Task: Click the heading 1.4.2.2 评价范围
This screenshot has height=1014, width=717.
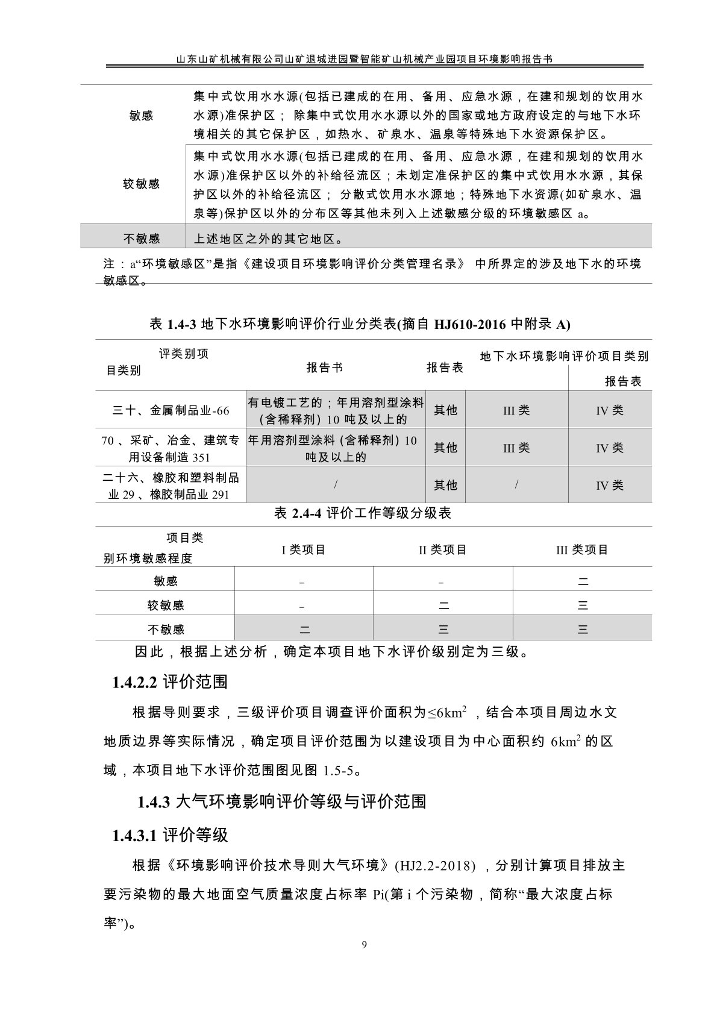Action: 170,682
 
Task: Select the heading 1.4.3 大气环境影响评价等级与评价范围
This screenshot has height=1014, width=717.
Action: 281,801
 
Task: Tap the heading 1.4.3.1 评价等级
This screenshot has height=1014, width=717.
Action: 170,835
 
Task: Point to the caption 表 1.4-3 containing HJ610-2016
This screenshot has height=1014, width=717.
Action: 359,324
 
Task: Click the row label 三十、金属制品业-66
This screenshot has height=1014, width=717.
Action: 171,410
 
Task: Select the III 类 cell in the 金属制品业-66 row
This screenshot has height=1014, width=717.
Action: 516,410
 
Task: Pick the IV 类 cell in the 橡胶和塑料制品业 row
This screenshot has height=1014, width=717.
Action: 609,485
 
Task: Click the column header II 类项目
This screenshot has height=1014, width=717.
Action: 443,549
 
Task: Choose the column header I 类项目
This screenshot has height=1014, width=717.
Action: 304,549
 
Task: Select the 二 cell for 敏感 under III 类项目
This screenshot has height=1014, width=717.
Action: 583,581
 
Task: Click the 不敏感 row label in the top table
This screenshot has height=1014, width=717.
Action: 142,239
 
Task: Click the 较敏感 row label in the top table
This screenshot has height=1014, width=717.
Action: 142,184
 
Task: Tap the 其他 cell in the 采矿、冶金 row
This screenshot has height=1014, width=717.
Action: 446,448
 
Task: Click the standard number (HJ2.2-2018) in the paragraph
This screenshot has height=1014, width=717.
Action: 435,866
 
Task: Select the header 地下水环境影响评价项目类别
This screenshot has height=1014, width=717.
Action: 564,356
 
